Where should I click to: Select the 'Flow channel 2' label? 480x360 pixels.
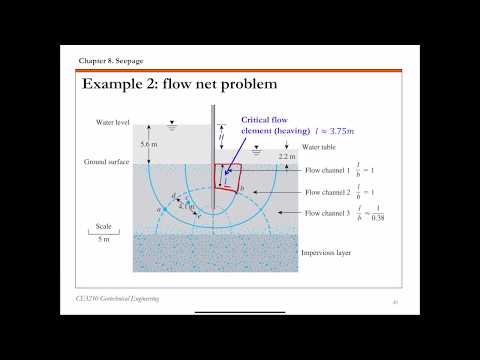[326, 190]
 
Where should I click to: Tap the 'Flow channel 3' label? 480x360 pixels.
[326, 213]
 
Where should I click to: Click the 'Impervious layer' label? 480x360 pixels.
[327, 252]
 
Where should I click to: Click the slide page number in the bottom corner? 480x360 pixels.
[396, 300]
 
